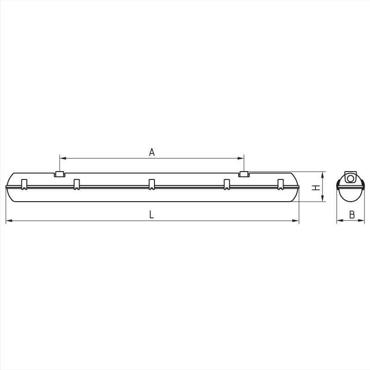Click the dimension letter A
point(152,152)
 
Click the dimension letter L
point(152,215)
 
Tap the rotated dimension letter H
point(316,188)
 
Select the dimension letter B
point(352,215)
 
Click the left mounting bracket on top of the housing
point(60,174)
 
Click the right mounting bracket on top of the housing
point(244,174)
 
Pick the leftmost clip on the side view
point(24,184)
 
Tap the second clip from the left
point(76,184)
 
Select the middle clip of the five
point(152,184)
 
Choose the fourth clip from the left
point(227,184)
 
